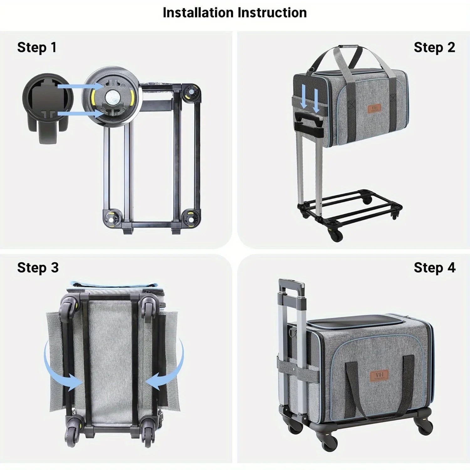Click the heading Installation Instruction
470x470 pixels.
(235, 13)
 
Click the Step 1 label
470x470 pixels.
(37, 48)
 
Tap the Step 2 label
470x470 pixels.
(434, 48)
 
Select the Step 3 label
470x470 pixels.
(38, 268)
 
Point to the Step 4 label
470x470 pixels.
(434, 268)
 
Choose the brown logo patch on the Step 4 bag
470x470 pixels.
(379, 375)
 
